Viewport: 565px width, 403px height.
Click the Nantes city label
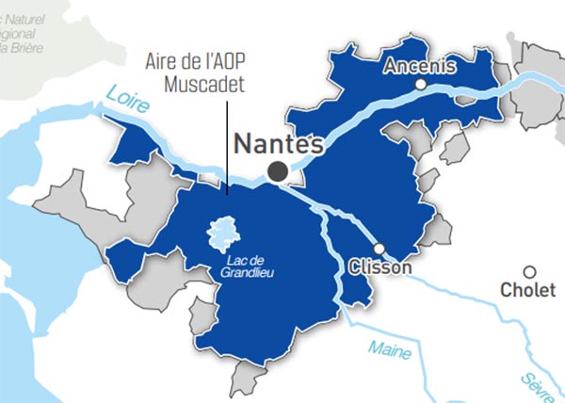tap(278, 145)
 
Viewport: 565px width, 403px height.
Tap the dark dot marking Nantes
tap(278, 170)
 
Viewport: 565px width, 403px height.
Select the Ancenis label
tap(420, 66)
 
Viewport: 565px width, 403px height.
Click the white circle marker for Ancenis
tap(421, 85)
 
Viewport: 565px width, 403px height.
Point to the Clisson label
tap(379, 268)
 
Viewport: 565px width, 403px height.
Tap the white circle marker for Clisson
tap(379, 249)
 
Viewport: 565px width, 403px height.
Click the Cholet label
tap(530, 290)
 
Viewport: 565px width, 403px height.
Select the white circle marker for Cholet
tap(530, 271)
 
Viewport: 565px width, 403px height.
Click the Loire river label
tap(127, 99)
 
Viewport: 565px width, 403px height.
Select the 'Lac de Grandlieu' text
tap(249, 266)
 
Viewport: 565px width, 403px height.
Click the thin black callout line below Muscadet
tap(227, 141)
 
